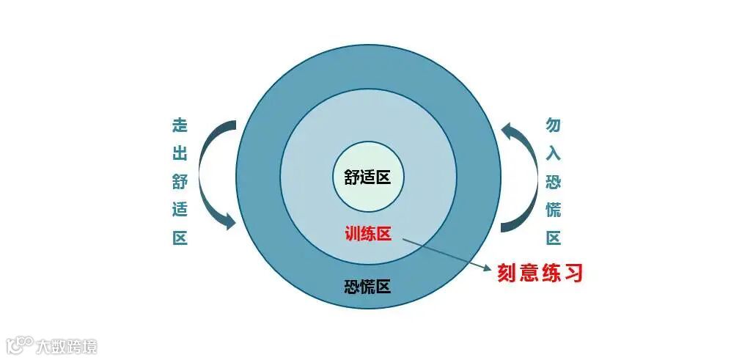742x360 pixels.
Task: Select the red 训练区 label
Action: [368, 234]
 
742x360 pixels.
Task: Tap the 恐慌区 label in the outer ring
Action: [367, 287]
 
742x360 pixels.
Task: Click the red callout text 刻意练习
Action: [540, 273]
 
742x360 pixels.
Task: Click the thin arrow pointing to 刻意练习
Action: [447, 254]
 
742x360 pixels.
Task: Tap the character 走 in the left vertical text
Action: [180, 125]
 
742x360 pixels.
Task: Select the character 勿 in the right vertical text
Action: [554, 125]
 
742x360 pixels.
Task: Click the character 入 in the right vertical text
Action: [554, 153]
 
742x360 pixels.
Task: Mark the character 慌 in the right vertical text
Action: [554, 210]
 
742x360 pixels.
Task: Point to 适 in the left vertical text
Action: [180, 210]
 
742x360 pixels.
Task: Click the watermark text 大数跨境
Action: [67, 346]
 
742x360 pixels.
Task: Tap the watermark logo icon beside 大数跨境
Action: [19, 345]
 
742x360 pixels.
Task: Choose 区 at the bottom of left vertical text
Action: [180, 238]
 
